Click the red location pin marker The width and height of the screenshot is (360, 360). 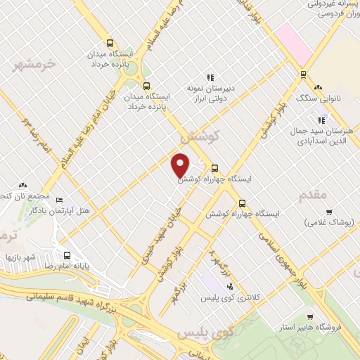181,165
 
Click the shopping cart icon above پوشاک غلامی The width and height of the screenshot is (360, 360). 329,212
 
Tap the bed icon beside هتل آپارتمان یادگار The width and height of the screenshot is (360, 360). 59,200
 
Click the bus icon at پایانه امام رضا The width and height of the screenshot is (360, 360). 67,256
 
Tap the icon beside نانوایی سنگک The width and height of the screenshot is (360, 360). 318,88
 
